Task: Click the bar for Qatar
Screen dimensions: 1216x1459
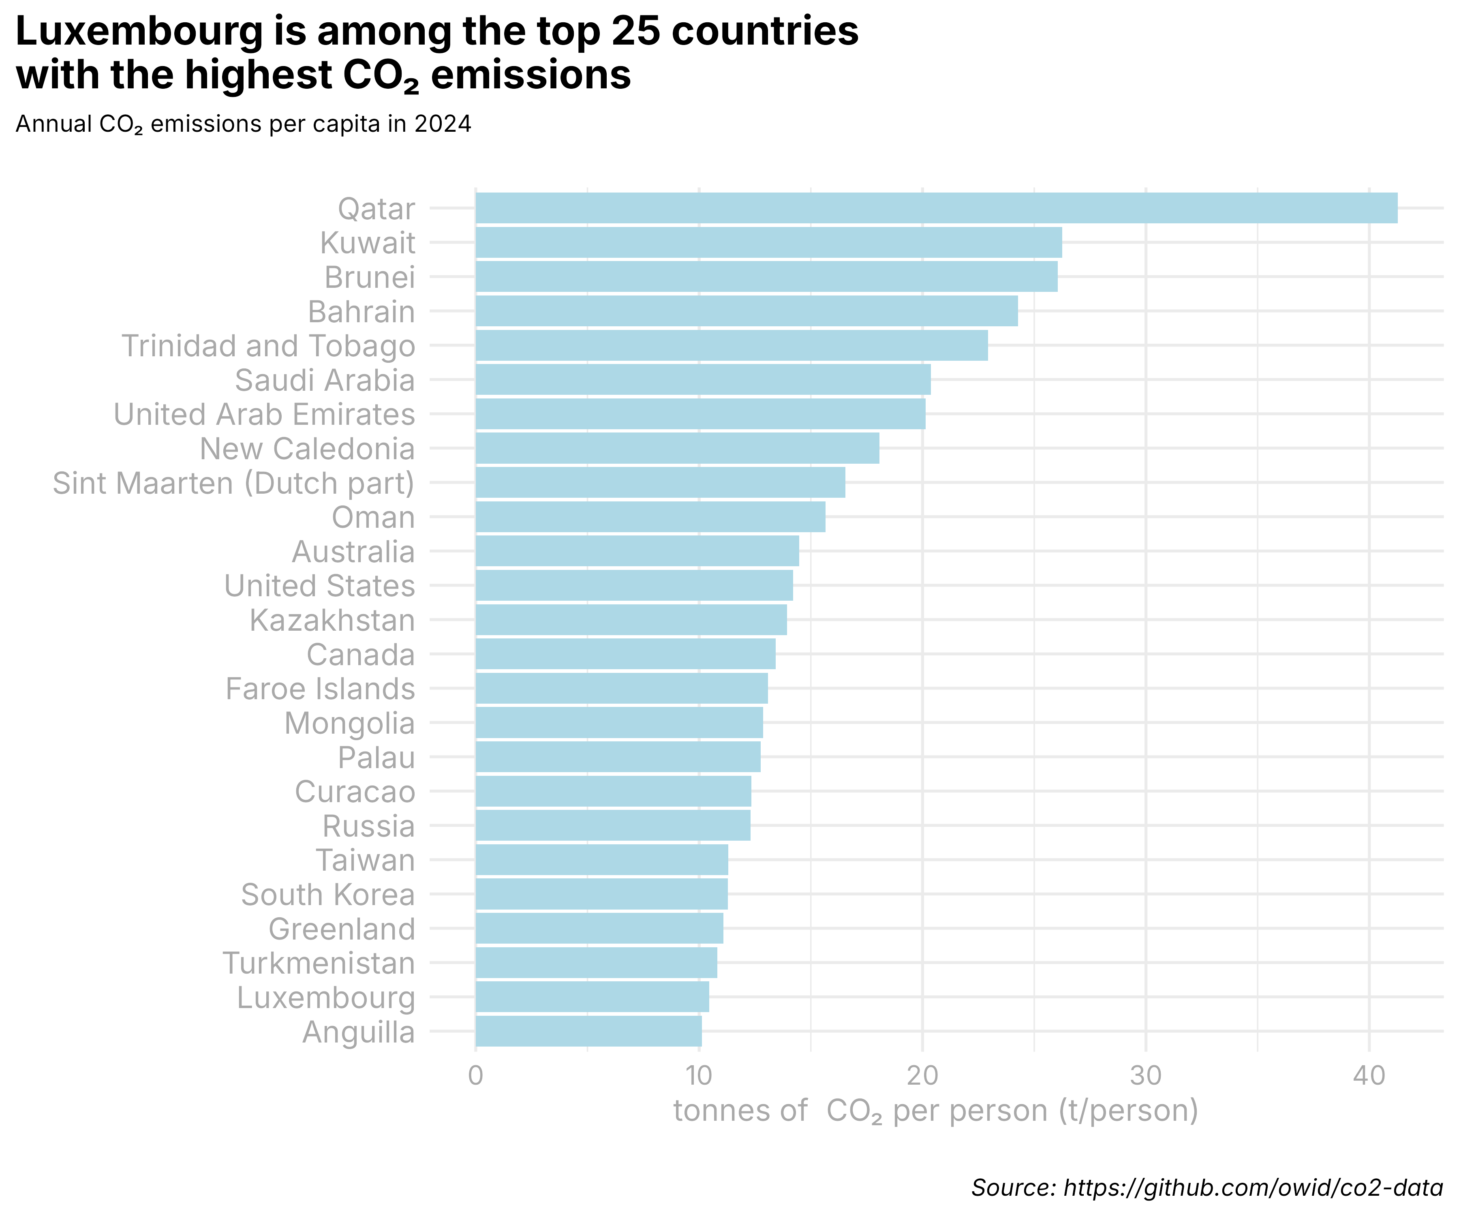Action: tap(936, 208)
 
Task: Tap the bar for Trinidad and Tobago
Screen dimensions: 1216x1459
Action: tap(732, 345)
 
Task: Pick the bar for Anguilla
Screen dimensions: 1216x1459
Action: tap(588, 1031)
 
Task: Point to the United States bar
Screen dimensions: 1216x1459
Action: tap(633, 585)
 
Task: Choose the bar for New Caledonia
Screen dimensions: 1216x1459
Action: tap(677, 448)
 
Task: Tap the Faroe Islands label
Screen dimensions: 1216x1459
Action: tap(320, 689)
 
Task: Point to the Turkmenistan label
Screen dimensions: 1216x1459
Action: tap(319, 963)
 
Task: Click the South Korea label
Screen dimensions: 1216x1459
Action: tap(328, 894)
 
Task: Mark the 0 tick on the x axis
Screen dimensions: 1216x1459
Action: tap(475, 1076)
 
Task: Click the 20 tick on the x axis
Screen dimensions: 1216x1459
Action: tap(922, 1076)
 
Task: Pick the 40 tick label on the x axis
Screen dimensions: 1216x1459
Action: tap(1369, 1076)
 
